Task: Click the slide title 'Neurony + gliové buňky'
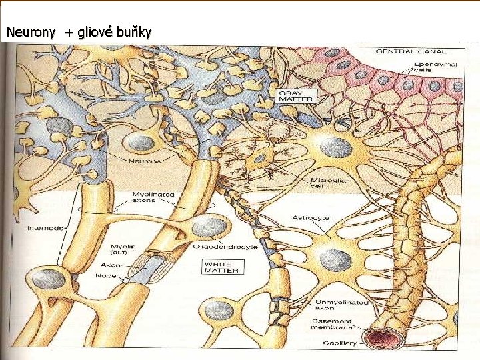(78, 32)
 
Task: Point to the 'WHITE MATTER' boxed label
(219, 267)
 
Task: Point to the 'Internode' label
(45, 227)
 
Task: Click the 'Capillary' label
(340, 344)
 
